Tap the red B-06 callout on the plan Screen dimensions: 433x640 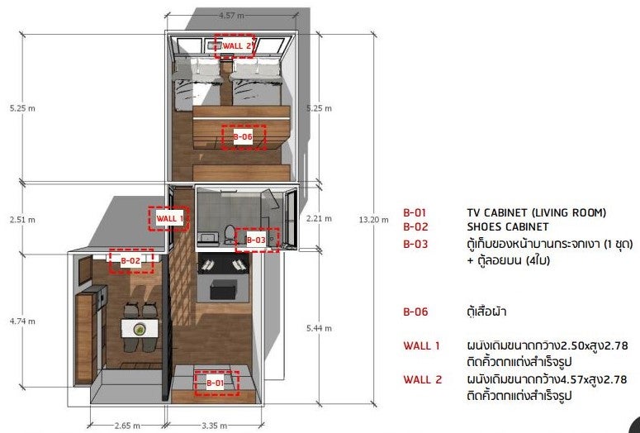point(243,136)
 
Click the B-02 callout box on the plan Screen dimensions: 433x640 point(130,261)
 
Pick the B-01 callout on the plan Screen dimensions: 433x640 point(216,383)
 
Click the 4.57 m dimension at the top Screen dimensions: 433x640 point(231,16)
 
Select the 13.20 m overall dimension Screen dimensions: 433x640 point(373,219)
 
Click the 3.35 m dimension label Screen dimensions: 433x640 point(213,426)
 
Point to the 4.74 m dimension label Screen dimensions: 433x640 point(21,321)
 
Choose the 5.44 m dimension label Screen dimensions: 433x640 point(319,328)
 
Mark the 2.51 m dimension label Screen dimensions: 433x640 point(21,219)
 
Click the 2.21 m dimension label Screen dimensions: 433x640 point(319,219)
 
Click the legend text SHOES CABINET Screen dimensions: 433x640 point(508,226)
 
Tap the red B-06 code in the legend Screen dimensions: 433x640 point(415,312)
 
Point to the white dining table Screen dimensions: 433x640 point(140,328)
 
